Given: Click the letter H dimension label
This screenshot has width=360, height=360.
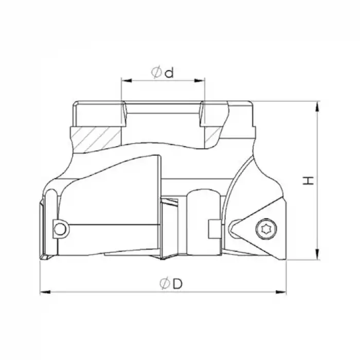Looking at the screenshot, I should (308, 181).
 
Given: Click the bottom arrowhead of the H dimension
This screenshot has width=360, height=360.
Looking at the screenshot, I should (319, 256).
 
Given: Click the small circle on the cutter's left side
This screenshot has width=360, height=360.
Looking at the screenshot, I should (61, 229).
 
